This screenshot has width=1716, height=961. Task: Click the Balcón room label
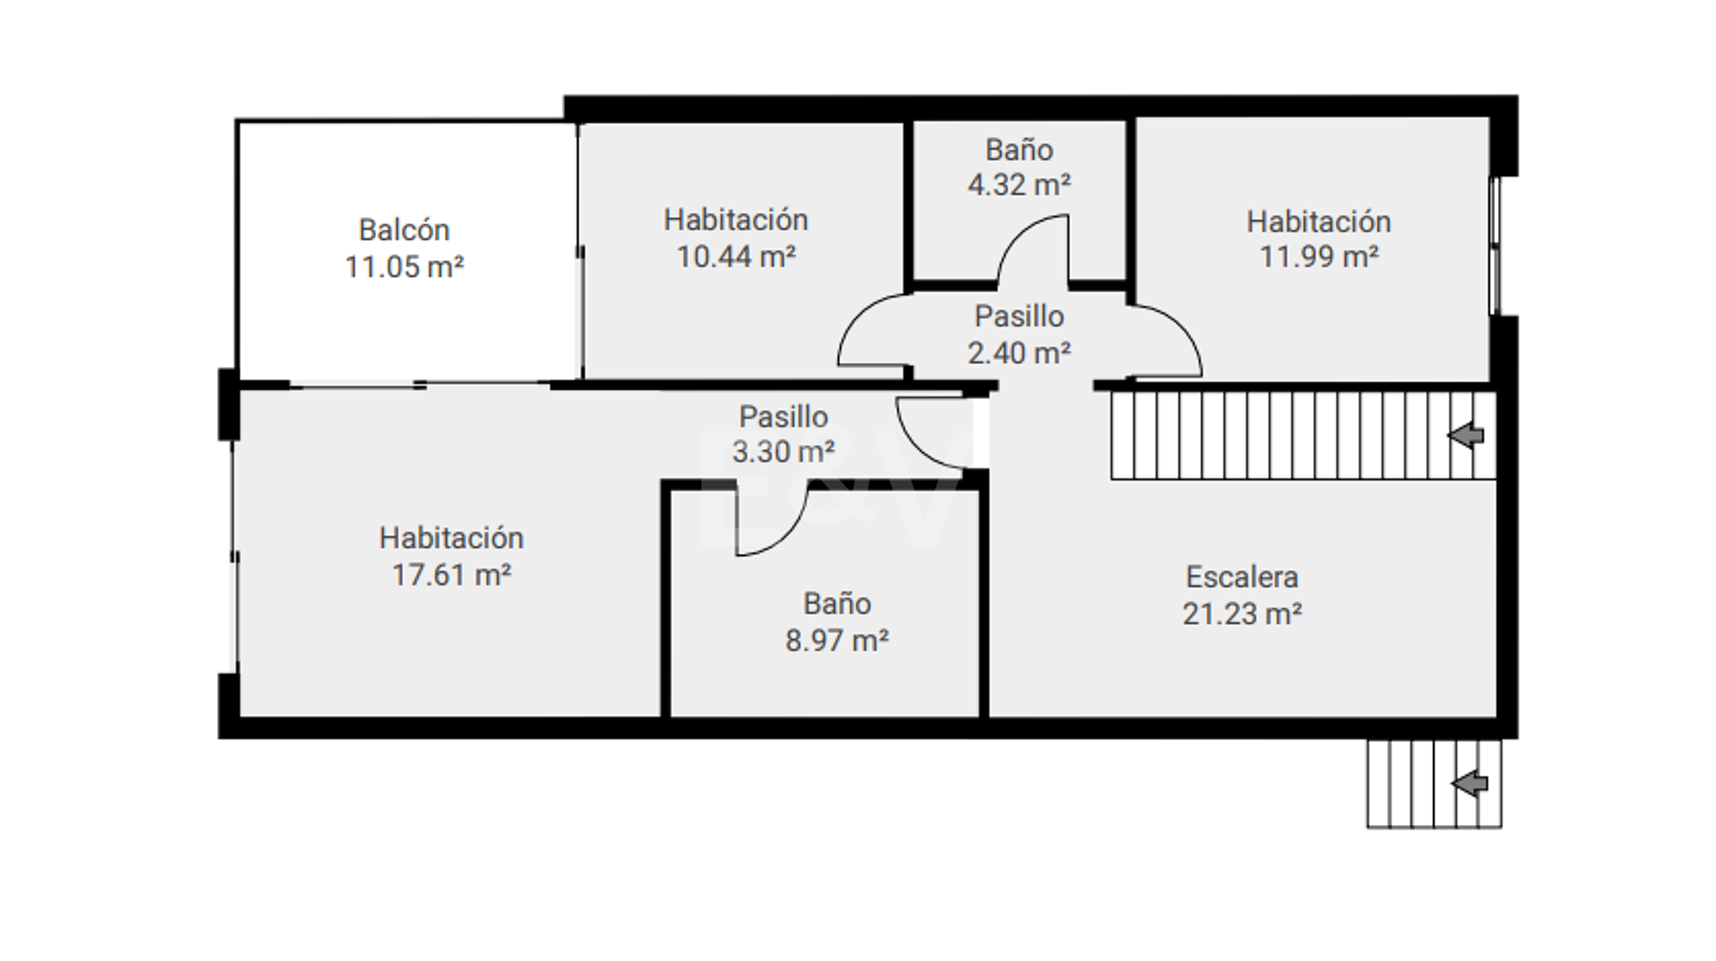tap(404, 230)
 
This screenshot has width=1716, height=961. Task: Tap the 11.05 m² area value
tap(404, 266)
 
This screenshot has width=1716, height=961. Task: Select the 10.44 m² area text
tap(736, 257)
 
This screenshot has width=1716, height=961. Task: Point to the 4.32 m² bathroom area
tap(1019, 184)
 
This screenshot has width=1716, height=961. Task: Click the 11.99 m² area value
tap(1319, 257)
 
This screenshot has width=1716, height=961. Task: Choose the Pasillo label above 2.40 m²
tap(1019, 316)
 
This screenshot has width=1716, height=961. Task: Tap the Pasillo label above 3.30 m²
tap(784, 416)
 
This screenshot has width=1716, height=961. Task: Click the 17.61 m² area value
tap(451, 574)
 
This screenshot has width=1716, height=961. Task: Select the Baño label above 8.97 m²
tap(837, 603)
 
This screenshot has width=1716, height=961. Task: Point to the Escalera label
tap(1241, 577)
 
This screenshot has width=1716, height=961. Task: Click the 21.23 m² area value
tap(1241, 613)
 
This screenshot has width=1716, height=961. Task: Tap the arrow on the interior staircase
tap(1466, 436)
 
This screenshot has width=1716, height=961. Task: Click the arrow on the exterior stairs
tap(1469, 784)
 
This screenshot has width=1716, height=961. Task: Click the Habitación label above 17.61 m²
tap(451, 537)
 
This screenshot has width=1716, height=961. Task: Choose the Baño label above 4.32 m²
tap(1019, 149)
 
